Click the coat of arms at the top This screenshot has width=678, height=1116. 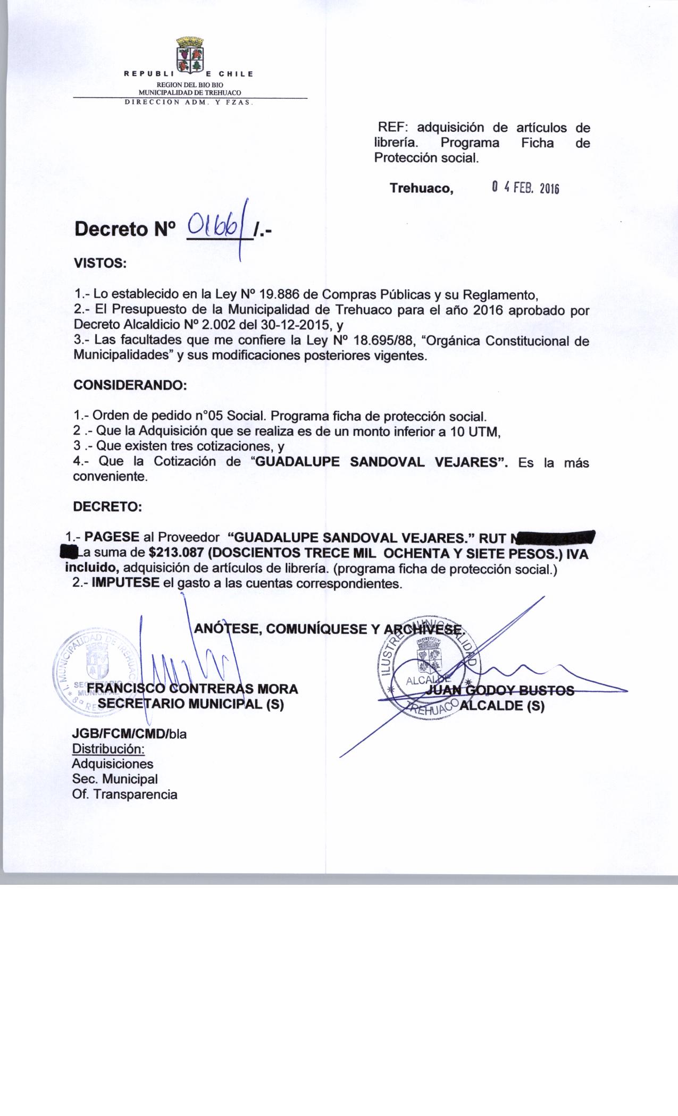point(190,55)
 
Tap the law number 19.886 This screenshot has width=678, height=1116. point(277,294)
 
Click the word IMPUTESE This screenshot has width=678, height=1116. point(125,582)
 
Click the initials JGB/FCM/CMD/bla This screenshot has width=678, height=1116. point(129,734)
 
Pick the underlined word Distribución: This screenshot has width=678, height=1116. point(108,749)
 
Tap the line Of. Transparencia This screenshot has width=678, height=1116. point(124,794)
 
